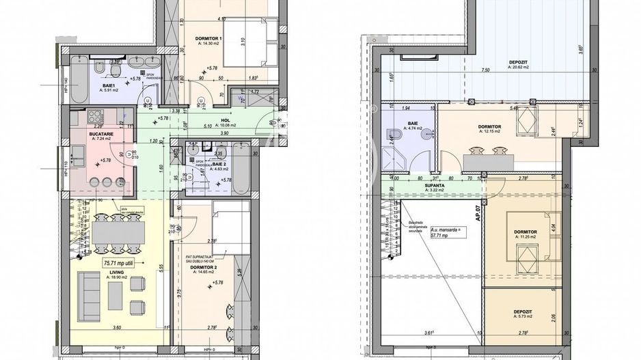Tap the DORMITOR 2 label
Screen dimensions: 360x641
coord(209,268)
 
